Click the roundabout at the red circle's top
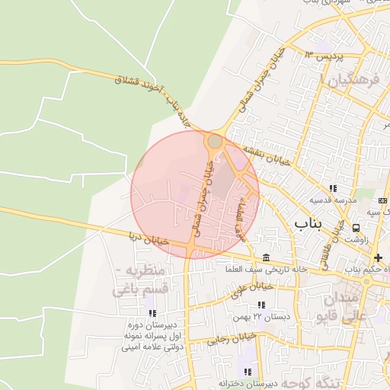pyautogui.click(x=216, y=141)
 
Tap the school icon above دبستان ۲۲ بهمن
pyautogui.click(x=261, y=305)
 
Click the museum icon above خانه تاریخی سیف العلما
pyautogui.click(x=265, y=257)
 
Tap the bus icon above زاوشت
pyautogui.click(x=356, y=227)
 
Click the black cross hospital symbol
pyautogui.click(x=378, y=258)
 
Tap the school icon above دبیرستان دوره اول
pyautogui.click(x=152, y=313)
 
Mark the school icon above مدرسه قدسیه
pyautogui.click(x=332, y=188)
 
